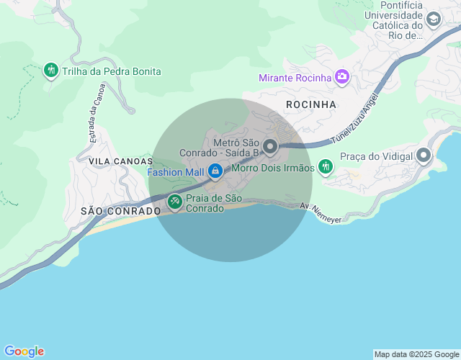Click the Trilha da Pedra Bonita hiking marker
tap(50, 71)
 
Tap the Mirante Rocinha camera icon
tap(342, 76)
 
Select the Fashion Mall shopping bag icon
tap(215, 171)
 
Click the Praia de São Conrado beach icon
tap(174, 202)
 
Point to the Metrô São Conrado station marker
tap(271, 147)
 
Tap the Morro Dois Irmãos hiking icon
tap(326, 167)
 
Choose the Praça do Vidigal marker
tap(424, 156)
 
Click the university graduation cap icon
tap(434, 19)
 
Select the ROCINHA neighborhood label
tap(311, 104)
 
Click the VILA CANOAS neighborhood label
tap(120, 161)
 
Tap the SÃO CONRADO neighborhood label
tap(120, 211)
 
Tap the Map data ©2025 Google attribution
tap(416, 354)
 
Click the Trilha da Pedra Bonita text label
tap(112, 71)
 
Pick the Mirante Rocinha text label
tap(295, 77)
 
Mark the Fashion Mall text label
tap(176, 172)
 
